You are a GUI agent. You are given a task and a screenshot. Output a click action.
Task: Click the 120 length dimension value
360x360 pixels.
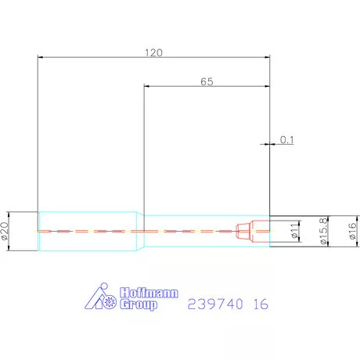point(153,52)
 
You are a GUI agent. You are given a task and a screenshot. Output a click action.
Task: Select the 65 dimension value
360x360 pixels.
point(207,81)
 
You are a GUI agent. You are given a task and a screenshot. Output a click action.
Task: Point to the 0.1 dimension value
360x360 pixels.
point(287,140)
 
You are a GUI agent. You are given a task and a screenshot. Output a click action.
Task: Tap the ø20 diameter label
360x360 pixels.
point(5,231)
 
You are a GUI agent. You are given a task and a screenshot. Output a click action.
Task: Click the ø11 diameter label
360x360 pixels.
point(294,230)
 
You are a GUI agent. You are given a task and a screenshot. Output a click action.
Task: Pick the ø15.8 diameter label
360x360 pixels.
point(323,231)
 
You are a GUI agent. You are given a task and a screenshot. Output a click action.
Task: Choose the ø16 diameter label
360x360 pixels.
point(352,231)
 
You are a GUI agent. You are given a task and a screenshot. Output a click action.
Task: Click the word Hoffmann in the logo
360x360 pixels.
point(149,293)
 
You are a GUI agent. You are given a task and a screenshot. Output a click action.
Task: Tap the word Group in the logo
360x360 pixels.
point(139,304)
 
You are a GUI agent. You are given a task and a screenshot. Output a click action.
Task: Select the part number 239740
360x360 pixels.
point(215,304)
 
